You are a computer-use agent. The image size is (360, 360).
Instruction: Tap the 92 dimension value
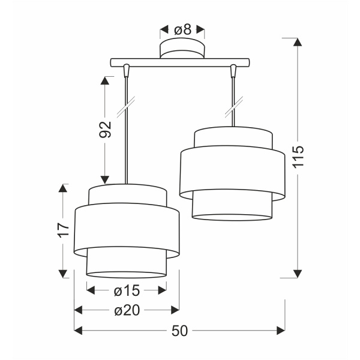106,130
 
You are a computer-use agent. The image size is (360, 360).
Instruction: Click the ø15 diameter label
126,291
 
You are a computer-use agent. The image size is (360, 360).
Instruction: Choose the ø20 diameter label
126,310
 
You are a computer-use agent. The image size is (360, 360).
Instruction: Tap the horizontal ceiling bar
180,61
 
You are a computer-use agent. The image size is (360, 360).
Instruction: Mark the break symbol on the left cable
125,109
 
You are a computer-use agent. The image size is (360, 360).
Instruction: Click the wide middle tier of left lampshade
126,231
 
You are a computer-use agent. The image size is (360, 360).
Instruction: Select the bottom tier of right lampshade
232,207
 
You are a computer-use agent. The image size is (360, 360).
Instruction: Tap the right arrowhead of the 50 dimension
281,330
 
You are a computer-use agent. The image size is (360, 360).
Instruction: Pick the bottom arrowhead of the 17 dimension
64,273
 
